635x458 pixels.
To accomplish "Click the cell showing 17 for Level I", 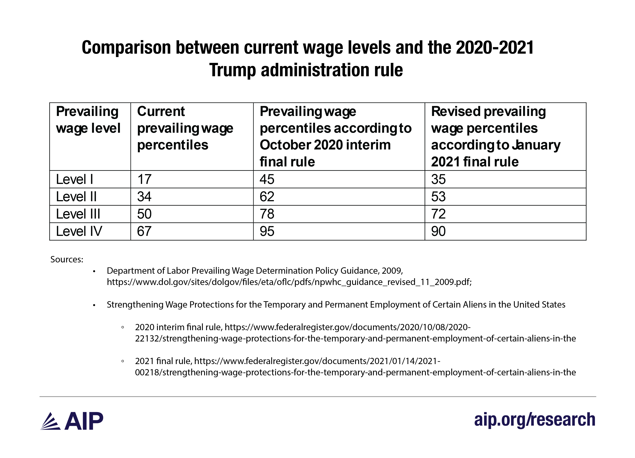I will [144, 179].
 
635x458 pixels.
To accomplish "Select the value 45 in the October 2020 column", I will [267, 179].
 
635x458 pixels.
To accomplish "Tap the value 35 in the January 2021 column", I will [438, 179].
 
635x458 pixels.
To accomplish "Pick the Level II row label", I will [76, 197].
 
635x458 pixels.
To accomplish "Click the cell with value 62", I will [267, 197].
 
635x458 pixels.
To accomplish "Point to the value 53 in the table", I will [438, 197].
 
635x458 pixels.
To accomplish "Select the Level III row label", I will [78, 214].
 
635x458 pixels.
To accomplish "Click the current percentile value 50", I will [144, 214].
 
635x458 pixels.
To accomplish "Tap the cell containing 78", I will [267, 214].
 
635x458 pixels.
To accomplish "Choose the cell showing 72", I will [438, 214].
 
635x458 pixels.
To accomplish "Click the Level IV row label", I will [79, 231].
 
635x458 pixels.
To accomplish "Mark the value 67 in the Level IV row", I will [144, 231].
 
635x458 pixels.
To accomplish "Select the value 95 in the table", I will [267, 231].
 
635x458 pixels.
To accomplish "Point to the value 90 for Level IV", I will [438, 231].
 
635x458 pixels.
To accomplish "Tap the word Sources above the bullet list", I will [67, 259].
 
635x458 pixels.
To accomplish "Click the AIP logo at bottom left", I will [72, 421].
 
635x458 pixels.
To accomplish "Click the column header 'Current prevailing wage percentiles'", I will [185, 128].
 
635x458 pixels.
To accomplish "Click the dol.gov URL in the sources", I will [289, 282].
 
